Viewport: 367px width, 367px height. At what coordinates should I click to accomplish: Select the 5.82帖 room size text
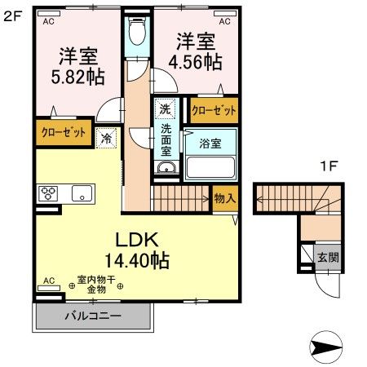(78, 69)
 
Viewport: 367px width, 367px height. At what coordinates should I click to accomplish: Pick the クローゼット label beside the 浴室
(214, 108)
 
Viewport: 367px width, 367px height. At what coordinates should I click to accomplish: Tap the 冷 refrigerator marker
(106, 139)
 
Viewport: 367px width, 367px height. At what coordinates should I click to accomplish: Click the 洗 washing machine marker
(165, 108)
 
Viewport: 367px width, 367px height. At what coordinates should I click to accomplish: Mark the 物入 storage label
(223, 197)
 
